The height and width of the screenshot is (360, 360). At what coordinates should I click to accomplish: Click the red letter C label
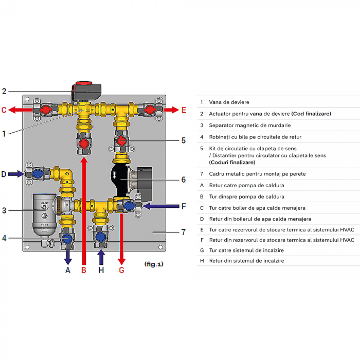coord(4,110)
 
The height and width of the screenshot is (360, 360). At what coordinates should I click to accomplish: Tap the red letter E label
coord(184,110)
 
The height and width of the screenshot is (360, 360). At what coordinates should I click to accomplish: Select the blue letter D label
coord(4,174)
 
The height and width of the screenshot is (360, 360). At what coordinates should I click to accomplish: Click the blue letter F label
coord(184,206)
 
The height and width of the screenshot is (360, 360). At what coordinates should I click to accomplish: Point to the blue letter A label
coord(67,269)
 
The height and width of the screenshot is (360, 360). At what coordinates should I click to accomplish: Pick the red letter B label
coord(84,269)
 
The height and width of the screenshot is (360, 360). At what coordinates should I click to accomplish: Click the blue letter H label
coord(101,269)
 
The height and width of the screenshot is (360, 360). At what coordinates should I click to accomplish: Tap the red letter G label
coord(121,269)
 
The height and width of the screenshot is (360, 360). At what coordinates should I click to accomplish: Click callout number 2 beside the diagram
coord(4,92)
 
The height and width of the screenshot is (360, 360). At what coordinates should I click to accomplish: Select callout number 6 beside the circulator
coord(183,180)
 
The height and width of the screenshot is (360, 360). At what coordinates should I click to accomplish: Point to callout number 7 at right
coord(183,232)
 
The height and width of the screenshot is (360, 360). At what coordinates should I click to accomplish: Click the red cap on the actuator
coord(83,82)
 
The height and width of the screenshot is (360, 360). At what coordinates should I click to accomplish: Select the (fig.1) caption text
coord(154,264)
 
